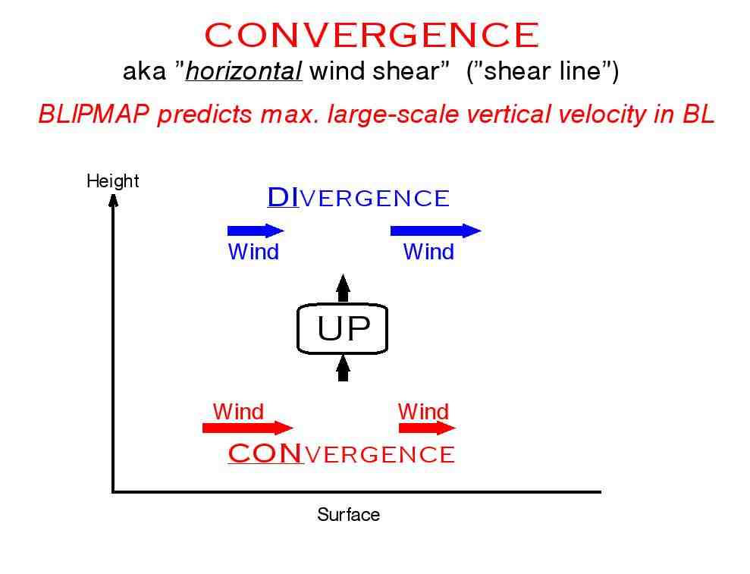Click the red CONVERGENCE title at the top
click(372, 35)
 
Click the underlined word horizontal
click(244, 71)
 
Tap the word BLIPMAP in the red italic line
click(94, 114)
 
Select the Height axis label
click(113, 180)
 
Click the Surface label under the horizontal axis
click(348, 515)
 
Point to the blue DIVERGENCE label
click(358, 197)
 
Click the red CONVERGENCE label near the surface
click(341, 453)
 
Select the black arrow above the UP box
click(343, 288)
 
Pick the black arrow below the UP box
click(343, 368)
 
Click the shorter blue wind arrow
click(256, 231)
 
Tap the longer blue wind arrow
click(436, 231)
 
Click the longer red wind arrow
click(248, 428)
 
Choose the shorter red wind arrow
click(427, 428)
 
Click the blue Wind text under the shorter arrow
click(253, 252)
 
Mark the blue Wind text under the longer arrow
click(428, 252)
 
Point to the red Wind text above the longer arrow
click(238, 412)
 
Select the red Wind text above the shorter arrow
click(423, 412)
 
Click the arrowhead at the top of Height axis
click(113, 200)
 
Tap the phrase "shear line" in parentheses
click(542, 71)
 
